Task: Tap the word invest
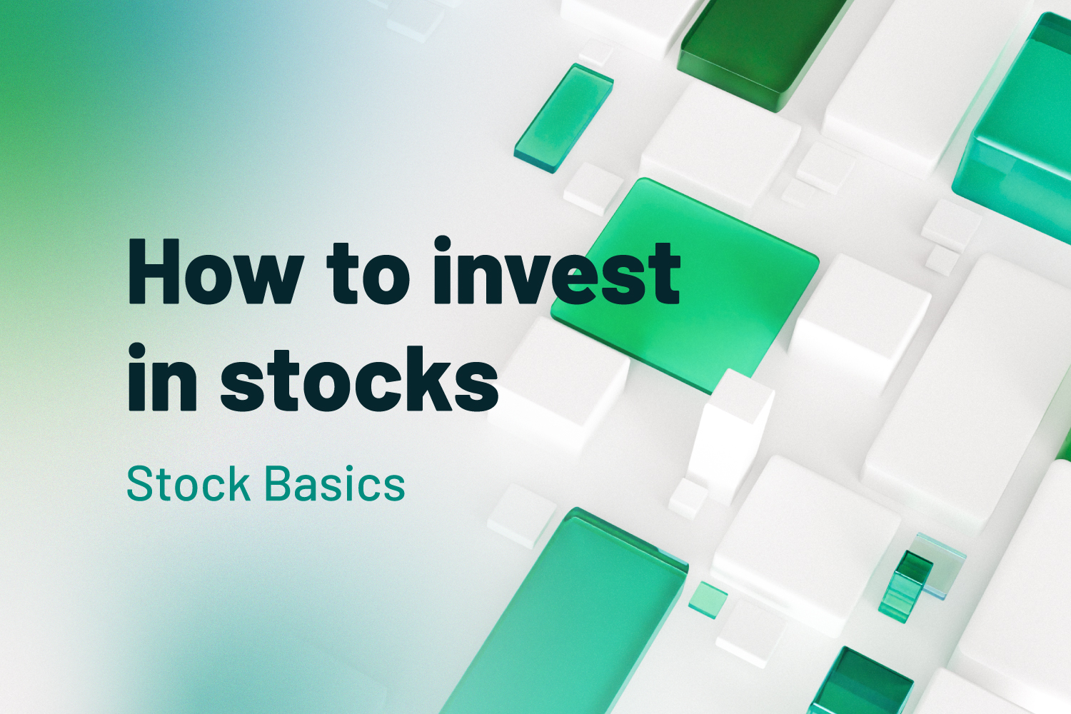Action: pyautogui.click(x=556, y=273)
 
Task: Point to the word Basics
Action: pyautogui.click(x=335, y=485)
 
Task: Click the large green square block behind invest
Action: pyautogui.click(x=707, y=271)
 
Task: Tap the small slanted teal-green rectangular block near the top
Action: pyautogui.click(x=563, y=118)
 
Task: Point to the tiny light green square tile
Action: pyautogui.click(x=708, y=598)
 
